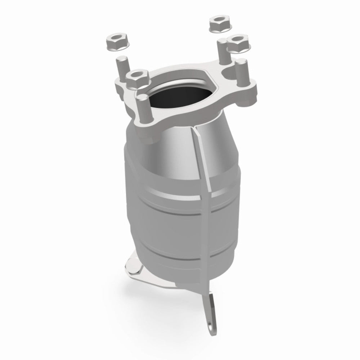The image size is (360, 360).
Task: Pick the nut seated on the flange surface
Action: click(x=138, y=77)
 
